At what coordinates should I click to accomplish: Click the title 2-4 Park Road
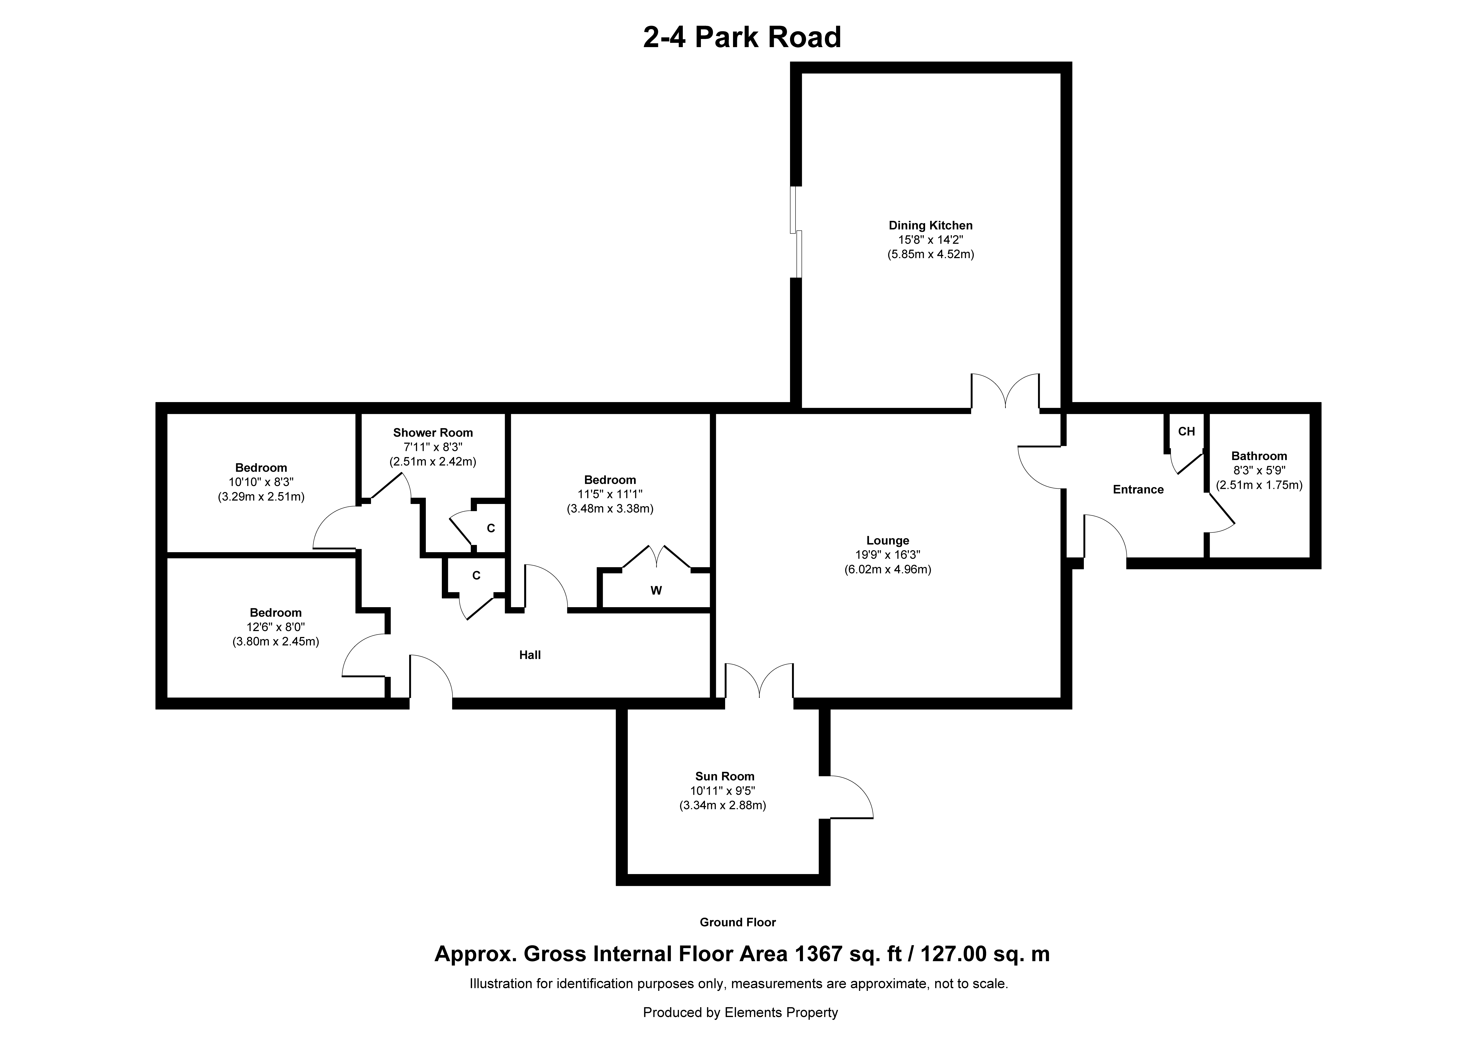[742, 37]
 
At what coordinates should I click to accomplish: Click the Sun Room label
[724, 776]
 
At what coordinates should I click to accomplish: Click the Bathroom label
[1259, 456]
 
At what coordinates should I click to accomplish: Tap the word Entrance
[1138, 489]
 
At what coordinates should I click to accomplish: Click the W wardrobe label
[656, 590]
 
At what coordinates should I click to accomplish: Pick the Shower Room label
[433, 433]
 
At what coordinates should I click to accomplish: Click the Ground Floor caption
[738, 922]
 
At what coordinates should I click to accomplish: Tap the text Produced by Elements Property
[740, 1012]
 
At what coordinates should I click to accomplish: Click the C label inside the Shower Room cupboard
[491, 529]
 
